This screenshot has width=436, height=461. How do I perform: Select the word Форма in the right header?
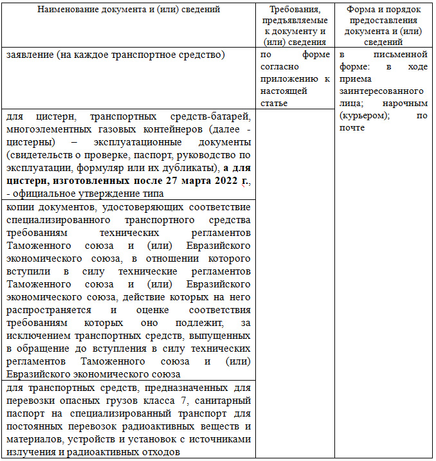tap(360, 10)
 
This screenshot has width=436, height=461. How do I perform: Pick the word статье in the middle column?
tap(273, 102)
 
